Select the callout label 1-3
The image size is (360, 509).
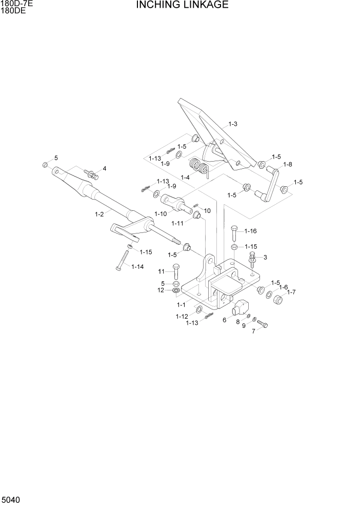[x=232, y=124]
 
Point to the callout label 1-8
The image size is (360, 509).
[x=287, y=164]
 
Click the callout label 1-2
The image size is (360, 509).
[x=99, y=214]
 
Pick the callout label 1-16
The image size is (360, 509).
[x=250, y=231]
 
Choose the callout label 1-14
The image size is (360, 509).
[x=137, y=266]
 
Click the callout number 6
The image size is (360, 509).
[x=224, y=320]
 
